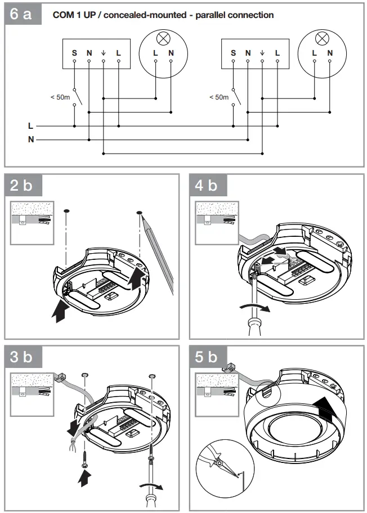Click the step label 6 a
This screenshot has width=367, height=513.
[x=23, y=15]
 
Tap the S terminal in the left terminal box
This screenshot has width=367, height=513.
[x=74, y=53]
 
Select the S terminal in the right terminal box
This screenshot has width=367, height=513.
[x=233, y=53]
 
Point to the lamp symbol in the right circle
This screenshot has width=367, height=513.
[x=322, y=38]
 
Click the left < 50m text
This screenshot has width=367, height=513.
[x=60, y=97]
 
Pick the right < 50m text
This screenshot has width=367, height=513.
[x=219, y=97]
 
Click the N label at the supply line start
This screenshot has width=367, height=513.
[x=31, y=139]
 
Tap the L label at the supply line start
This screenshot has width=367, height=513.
[x=31, y=126]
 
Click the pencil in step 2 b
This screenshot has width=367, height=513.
[x=158, y=253]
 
